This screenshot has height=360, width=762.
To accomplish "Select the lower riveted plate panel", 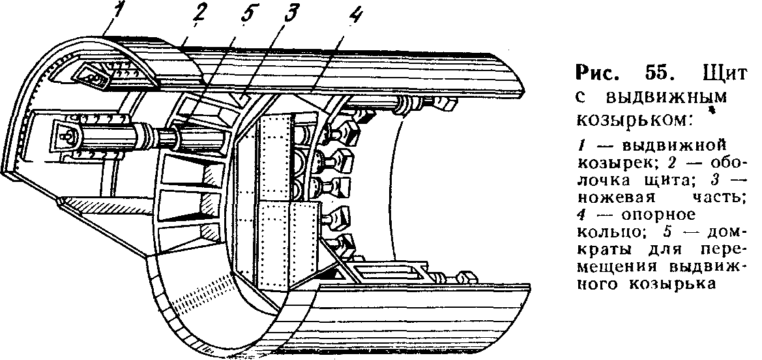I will click(287, 245).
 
